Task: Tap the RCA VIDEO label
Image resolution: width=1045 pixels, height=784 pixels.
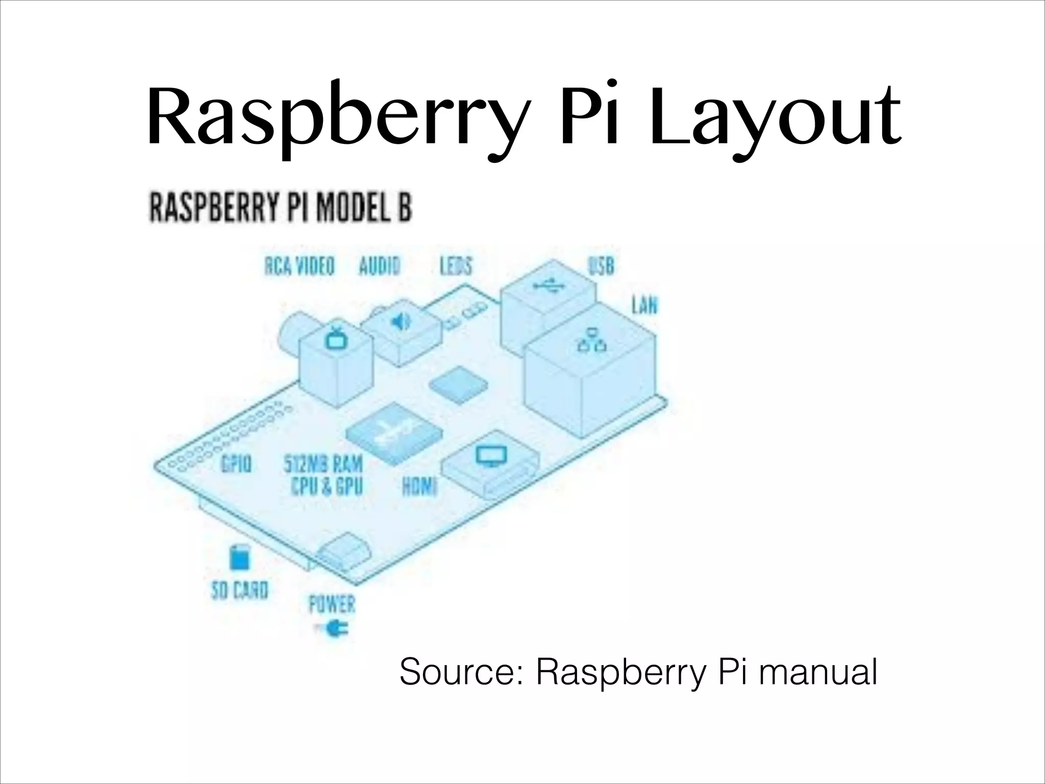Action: pyautogui.click(x=300, y=266)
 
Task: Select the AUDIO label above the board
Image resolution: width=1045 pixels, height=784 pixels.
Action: pyautogui.click(x=379, y=266)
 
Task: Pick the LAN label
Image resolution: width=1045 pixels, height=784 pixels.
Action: pyautogui.click(x=644, y=306)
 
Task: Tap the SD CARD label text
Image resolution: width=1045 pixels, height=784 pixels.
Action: pyautogui.click(x=239, y=591)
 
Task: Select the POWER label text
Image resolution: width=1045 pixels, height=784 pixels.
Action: pyautogui.click(x=332, y=605)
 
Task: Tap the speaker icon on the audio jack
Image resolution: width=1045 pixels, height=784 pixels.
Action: pyautogui.click(x=401, y=322)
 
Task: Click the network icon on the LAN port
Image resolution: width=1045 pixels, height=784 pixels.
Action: pyautogui.click(x=592, y=340)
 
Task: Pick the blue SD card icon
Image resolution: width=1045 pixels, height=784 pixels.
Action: pyautogui.click(x=239, y=558)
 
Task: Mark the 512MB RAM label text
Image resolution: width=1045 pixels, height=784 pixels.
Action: pyautogui.click(x=323, y=464)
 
